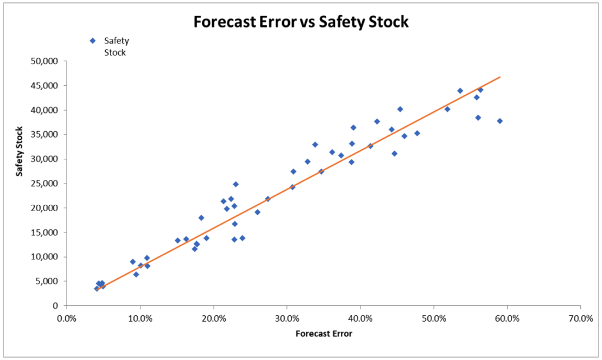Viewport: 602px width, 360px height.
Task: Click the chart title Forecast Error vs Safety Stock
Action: tap(301, 22)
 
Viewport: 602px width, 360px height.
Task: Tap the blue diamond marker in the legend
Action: tap(92, 41)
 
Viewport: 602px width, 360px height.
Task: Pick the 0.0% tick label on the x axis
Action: tap(66, 318)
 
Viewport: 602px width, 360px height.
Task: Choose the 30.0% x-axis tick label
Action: tap(286, 318)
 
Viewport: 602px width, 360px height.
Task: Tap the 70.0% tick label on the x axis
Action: tap(580, 318)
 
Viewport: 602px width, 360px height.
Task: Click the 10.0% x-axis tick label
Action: tap(140, 318)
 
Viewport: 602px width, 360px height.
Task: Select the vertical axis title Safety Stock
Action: tap(19, 151)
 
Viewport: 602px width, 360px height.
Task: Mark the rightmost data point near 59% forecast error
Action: tap(500, 121)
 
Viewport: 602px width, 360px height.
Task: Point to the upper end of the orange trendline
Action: tap(500, 76)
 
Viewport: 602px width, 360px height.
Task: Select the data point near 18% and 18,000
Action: tap(201, 218)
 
